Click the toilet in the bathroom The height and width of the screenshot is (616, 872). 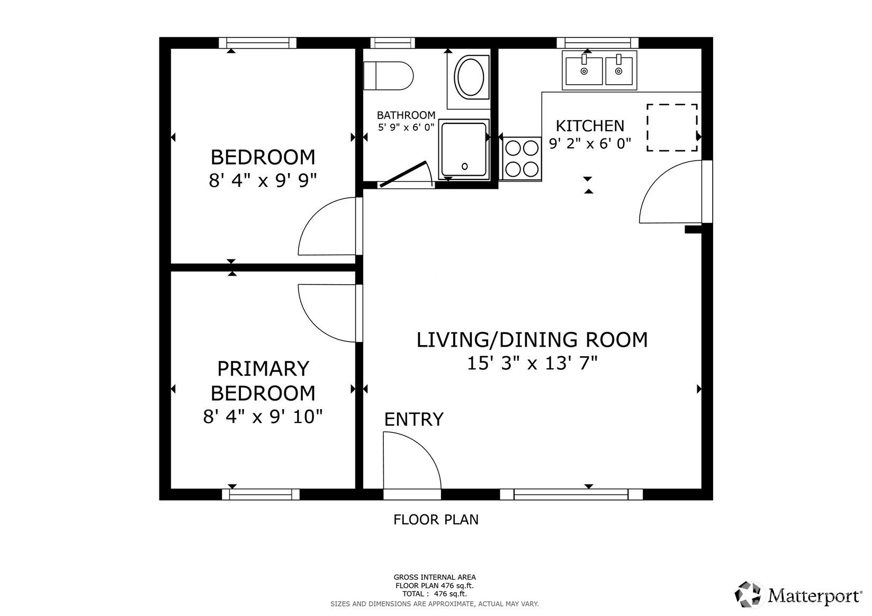[388, 76]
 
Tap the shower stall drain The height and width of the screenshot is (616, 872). [464, 166]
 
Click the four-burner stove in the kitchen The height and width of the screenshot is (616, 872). [522, 158]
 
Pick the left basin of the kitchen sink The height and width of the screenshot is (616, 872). [583, 71]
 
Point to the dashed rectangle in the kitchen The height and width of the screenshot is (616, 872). [671, 128]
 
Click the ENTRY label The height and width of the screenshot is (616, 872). [413, 419]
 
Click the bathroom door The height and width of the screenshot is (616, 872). [404, 174]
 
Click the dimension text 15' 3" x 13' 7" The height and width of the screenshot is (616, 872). [532, 364]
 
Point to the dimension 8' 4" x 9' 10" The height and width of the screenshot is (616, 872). [263, 416]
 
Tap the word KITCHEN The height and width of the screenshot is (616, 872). [590, 126]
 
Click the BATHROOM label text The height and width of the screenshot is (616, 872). [406, 115]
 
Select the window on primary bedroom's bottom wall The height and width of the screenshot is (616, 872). [260, 494]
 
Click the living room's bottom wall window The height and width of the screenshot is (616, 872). [571, 494]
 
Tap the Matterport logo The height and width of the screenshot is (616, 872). [798, 595]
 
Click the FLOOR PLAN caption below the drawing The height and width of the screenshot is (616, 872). [436, 520]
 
